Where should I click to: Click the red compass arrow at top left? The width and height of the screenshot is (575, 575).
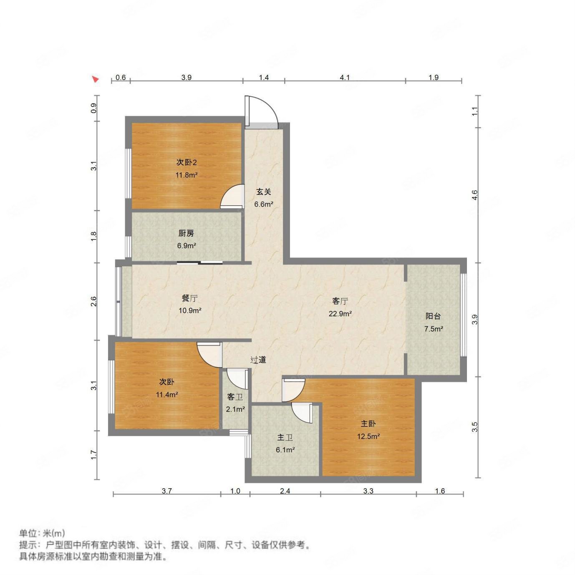(96, 79)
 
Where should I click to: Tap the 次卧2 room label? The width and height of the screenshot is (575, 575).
(186, 162)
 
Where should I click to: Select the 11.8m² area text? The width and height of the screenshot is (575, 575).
(186, 175)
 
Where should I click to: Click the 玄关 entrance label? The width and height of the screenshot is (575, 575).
(264, 192)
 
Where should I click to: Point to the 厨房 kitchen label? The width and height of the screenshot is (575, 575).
(186, 233)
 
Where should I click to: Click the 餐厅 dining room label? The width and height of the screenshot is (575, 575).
(189, 298)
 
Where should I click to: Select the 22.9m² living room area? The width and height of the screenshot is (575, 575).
(340, 314)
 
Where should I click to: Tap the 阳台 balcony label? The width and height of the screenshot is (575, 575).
(433, 316)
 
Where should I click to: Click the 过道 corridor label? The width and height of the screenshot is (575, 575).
(258, 360)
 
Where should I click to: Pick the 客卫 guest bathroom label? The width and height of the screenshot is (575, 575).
(235, 397)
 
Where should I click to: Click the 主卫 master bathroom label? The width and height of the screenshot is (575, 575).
(285, 437)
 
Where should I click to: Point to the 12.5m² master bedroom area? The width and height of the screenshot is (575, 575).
(368, 437)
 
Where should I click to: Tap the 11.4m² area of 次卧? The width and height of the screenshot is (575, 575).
(167, 395)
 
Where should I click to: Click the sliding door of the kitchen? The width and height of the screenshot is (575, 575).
(199, 262)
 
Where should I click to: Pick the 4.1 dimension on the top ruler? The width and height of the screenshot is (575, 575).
(345, 77)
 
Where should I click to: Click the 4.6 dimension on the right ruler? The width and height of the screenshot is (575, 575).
(474, 194)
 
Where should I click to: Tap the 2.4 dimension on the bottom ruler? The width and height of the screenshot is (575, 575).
(285, 491)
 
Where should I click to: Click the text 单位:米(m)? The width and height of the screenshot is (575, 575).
(42, 533)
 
